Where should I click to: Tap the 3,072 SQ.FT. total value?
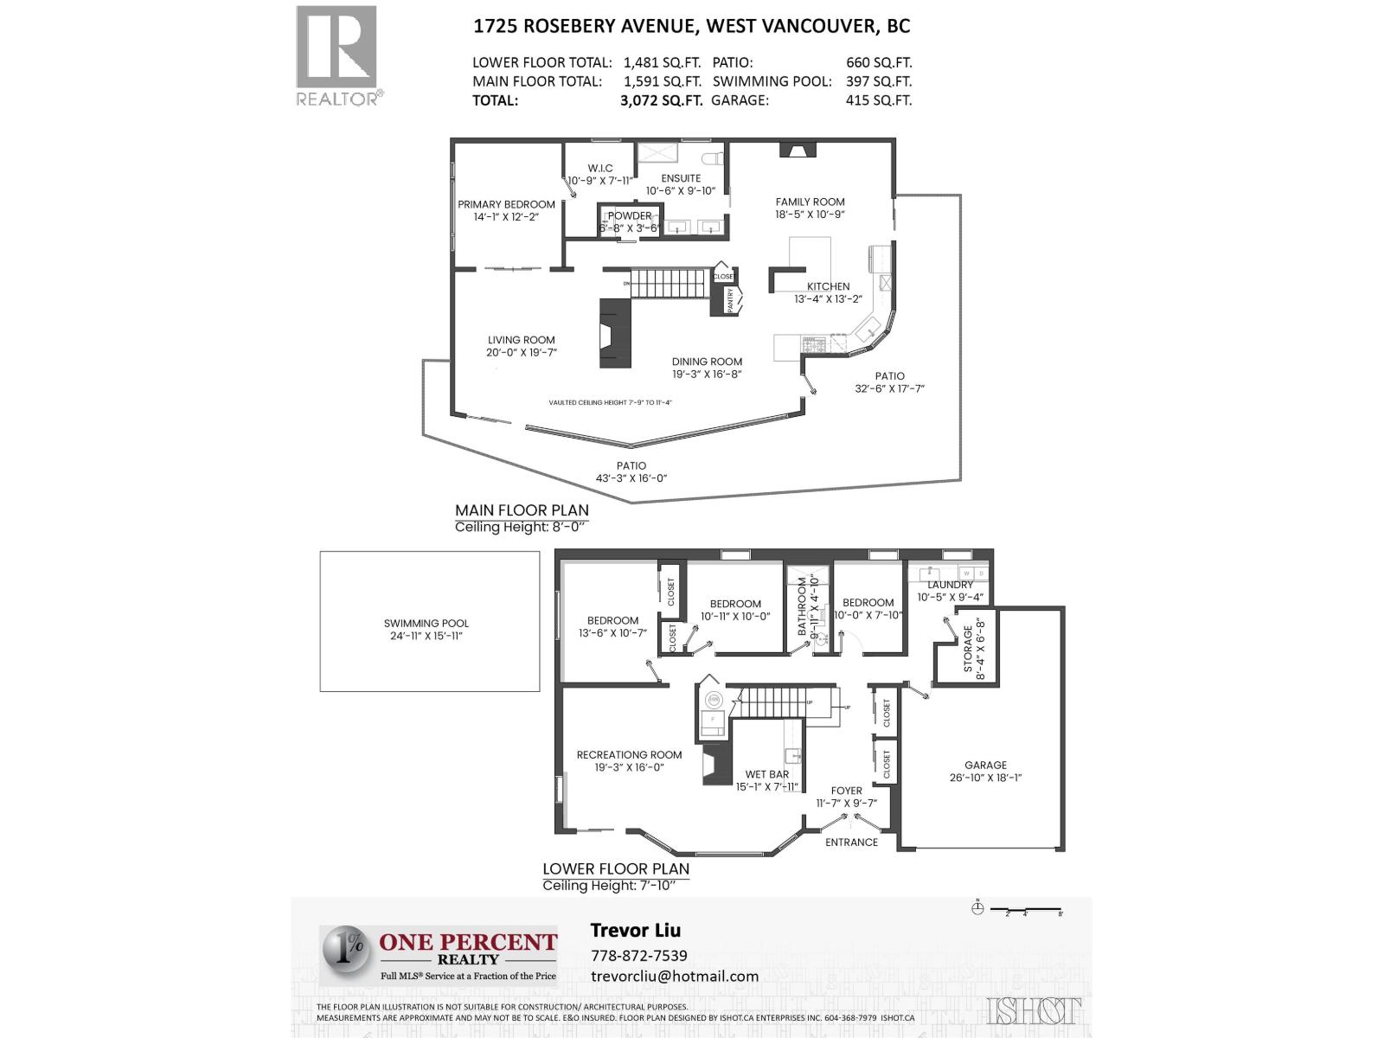click(x=660, y=100)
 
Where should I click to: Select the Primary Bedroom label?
click(x=506, y=205)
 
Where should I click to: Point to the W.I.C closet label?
click(x=600, y=169)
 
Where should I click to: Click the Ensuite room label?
click(x=681, y=179)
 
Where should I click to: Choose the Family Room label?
click(x=810, y=202)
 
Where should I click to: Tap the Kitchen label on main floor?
click(x=828, y=287)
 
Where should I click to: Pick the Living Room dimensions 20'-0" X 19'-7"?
click(x=521, y=353)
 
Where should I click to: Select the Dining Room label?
click(x=707, y=362)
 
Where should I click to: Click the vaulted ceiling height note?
click(x=610, y=402)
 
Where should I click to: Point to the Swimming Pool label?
click(x=426, y=624)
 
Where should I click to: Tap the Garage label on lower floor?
click(x=985, y=766)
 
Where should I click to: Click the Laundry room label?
click(x=950, y=586)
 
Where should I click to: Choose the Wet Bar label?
click(x=766, y=775)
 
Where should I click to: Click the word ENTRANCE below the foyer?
click(x=851, y=843)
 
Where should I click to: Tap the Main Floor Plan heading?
click(x=522, y=510)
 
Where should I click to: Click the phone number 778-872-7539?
click(x=638, y=956)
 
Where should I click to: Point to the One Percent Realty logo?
click(x=439, y=954)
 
